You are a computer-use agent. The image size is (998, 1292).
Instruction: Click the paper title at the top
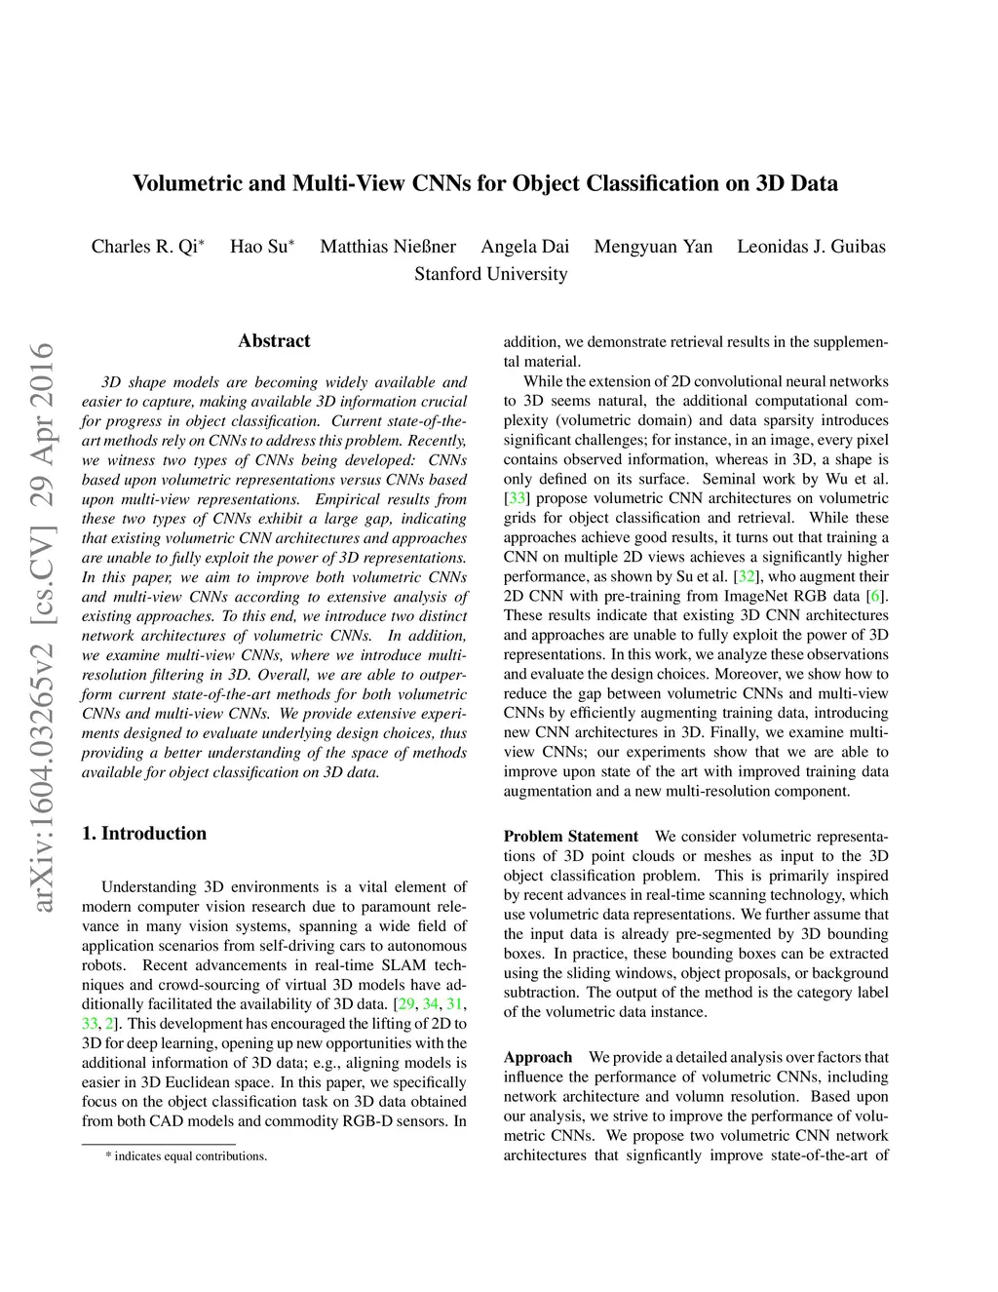(484, 183)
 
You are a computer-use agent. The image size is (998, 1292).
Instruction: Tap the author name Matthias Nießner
(388, 247)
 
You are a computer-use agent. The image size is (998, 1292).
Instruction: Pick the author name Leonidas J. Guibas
(811, 247)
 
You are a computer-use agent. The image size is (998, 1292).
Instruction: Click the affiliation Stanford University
(490, 274)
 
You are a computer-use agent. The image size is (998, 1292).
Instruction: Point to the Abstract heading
(274, 341)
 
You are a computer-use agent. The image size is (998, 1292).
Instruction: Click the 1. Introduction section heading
(144, 834)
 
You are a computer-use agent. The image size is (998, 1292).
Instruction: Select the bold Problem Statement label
(570, 837)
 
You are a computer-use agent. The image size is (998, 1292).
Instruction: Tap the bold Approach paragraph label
(537, 1058)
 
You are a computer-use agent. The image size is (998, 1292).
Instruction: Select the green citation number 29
(406, 1004)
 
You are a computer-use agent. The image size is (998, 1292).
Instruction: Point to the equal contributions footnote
(186, 1156)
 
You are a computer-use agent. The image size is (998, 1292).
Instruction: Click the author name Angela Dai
(524, 247)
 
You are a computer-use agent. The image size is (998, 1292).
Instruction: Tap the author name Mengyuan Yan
(653, 247)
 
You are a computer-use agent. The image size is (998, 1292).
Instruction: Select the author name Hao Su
(259, 247)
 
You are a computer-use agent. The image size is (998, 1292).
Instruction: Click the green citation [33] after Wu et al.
(517, 498)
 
